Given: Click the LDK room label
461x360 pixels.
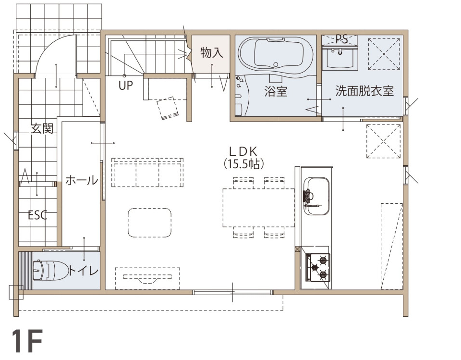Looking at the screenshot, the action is pos(243,151).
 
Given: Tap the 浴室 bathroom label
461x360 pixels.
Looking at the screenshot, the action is pos(276,91).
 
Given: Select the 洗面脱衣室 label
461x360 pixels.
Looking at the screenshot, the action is pos(364,91).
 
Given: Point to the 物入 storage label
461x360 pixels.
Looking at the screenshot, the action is pos(212,53).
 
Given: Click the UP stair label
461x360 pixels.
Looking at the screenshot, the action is pos(126,86).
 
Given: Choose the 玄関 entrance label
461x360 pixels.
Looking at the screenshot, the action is pos(42,129).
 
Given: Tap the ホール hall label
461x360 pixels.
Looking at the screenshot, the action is pos(82,180).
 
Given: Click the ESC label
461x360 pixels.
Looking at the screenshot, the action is pos(37,215).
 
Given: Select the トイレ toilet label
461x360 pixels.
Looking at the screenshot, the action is pos(84,270).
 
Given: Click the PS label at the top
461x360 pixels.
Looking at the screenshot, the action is pos(341,39).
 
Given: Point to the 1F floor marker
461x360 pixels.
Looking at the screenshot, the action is pos(27,341).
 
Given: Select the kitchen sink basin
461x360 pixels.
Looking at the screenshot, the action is pos(316,196).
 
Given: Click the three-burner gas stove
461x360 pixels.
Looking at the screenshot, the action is pos(318,267).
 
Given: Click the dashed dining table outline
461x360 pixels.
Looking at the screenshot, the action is pos(259,208).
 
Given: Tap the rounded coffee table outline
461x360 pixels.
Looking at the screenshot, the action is pos(150,223).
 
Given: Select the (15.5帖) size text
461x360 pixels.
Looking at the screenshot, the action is pos(243,164).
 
